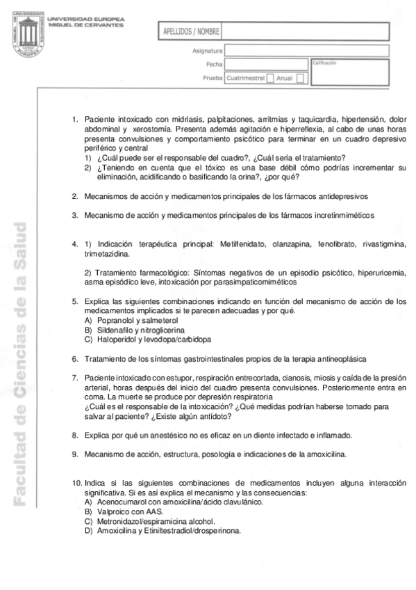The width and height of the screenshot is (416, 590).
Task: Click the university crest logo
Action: pyautogui.click(x=27, y=35)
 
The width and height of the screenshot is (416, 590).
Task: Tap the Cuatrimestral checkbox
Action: pyautogui.click(x=270, y=79)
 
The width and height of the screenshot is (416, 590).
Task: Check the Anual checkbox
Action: pyautogui.click(x=300, y=79)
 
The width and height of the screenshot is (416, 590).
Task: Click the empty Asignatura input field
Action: pyautogui.click(x=265, y=51)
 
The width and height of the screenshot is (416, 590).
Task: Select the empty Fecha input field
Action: pyautogui.click(x=265, y=65)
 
